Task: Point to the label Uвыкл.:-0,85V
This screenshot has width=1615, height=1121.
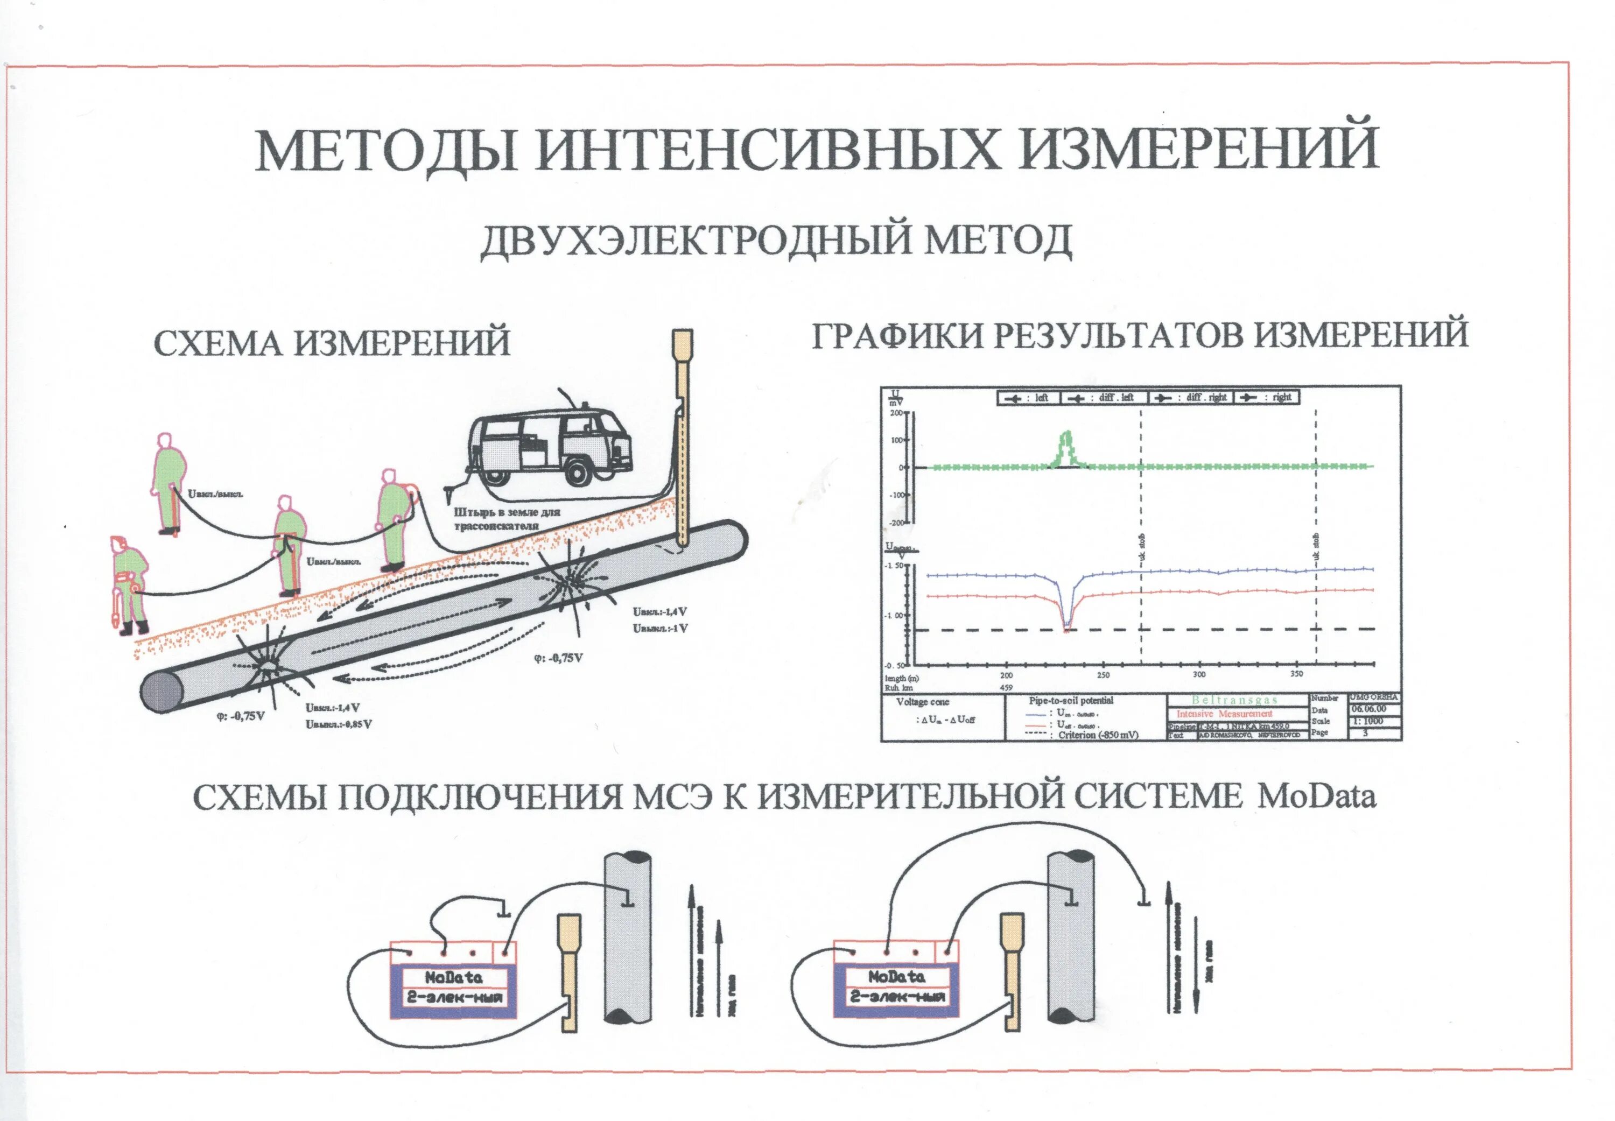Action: coord(339,724)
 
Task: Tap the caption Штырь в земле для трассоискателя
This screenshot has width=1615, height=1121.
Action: coord(507,518)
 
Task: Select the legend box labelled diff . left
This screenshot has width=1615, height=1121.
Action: coord(1104,398)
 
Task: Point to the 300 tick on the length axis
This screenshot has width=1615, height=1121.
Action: coord(1199,674)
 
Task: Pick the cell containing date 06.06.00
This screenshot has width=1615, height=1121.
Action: coord(1373,709)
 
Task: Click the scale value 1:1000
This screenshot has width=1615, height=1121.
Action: coord(1373,721)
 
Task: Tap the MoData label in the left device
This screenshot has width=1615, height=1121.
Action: coord(453,977)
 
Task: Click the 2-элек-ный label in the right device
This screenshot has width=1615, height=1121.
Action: coord(897,997)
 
